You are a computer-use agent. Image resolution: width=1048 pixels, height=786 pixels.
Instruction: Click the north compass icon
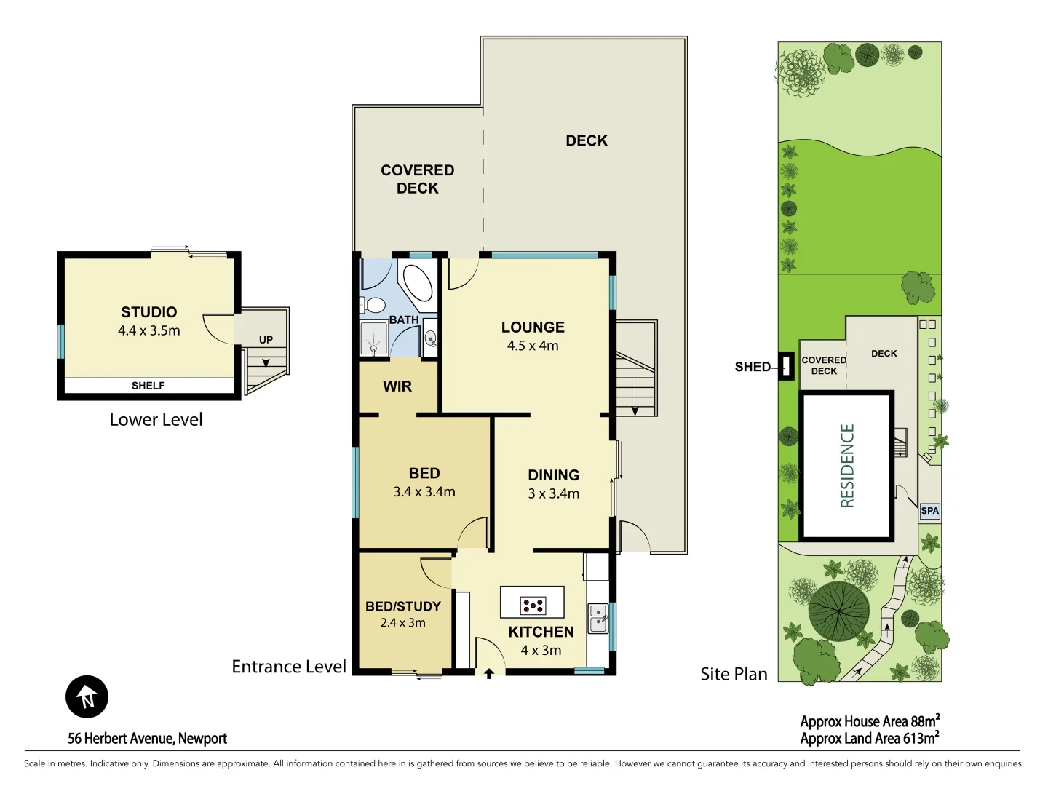pos(87,696)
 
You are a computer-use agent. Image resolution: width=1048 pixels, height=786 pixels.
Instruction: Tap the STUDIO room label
pos(149,312)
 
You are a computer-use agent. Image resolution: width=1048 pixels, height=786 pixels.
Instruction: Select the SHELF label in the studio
pos(148,386)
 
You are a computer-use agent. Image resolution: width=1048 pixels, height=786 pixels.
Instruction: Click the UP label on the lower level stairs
pos(266,340)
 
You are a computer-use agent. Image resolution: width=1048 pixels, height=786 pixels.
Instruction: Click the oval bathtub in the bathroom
pos(418,282)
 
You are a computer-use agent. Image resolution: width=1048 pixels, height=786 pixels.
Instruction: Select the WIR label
pos(397,386)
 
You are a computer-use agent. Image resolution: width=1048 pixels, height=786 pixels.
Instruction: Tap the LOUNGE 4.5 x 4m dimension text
pos(533,346)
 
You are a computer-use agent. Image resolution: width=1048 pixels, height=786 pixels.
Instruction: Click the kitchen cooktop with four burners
pos(533,605)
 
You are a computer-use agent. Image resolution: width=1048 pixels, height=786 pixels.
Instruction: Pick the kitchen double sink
pos(598,619)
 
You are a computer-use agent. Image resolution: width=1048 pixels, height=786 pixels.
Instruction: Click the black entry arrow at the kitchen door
pos(489,674)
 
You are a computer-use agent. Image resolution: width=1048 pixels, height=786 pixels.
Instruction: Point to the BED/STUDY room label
pos(403,606)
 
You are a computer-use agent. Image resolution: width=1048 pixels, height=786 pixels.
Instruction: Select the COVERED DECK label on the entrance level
pos(418,179)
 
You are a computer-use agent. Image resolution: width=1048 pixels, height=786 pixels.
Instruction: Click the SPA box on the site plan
pos(929,511)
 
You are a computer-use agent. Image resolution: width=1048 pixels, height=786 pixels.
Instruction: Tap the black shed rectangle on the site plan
pos(786,365)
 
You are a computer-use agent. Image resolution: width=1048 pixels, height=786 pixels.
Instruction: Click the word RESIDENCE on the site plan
pos(847,466)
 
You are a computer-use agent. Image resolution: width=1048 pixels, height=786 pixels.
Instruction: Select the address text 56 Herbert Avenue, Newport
pos(147,738)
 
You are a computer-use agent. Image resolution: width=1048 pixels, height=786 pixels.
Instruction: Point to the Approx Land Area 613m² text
pos(869,739)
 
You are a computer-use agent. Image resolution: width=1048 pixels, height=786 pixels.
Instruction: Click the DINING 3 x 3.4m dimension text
pos(554,493)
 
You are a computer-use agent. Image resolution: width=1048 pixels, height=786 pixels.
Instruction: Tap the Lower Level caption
pos(156,420)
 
